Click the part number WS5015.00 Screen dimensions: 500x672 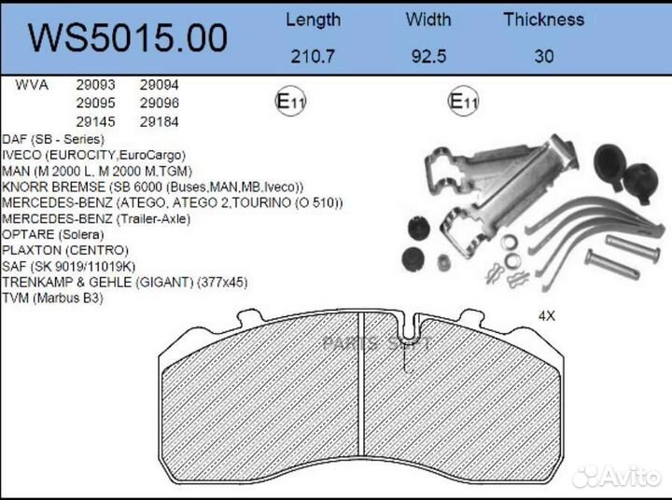128,37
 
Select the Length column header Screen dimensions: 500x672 313,19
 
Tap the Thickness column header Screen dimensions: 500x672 543,19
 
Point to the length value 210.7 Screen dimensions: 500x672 313,56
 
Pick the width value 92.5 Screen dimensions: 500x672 429,56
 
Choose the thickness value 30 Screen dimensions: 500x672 543,56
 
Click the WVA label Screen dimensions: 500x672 32,84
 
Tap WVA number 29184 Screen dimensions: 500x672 159,121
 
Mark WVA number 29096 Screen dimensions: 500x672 159,103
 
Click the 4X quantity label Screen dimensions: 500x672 546,315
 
